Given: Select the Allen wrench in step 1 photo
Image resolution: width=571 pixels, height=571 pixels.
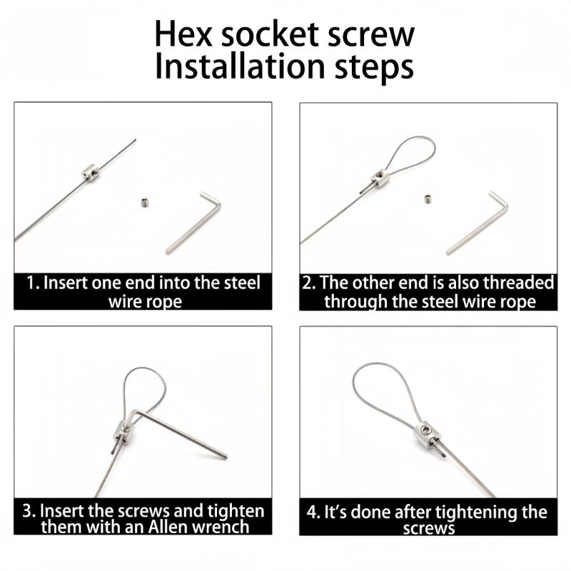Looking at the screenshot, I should (x=193, y=221).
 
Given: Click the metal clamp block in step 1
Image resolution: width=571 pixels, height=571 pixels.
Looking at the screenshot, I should (x=90, y=172).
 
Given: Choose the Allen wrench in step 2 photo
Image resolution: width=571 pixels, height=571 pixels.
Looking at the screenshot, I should (x=477, y=221).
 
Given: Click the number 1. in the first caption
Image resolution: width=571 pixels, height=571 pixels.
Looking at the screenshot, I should (x=33, y=282).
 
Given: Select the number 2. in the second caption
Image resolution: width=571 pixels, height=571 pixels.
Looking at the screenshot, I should (x=308, y=283).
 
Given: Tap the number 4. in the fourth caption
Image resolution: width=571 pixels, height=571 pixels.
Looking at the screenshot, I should (x=313, y=512).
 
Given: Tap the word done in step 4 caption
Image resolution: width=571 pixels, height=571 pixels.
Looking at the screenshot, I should (x=370, y=512).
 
